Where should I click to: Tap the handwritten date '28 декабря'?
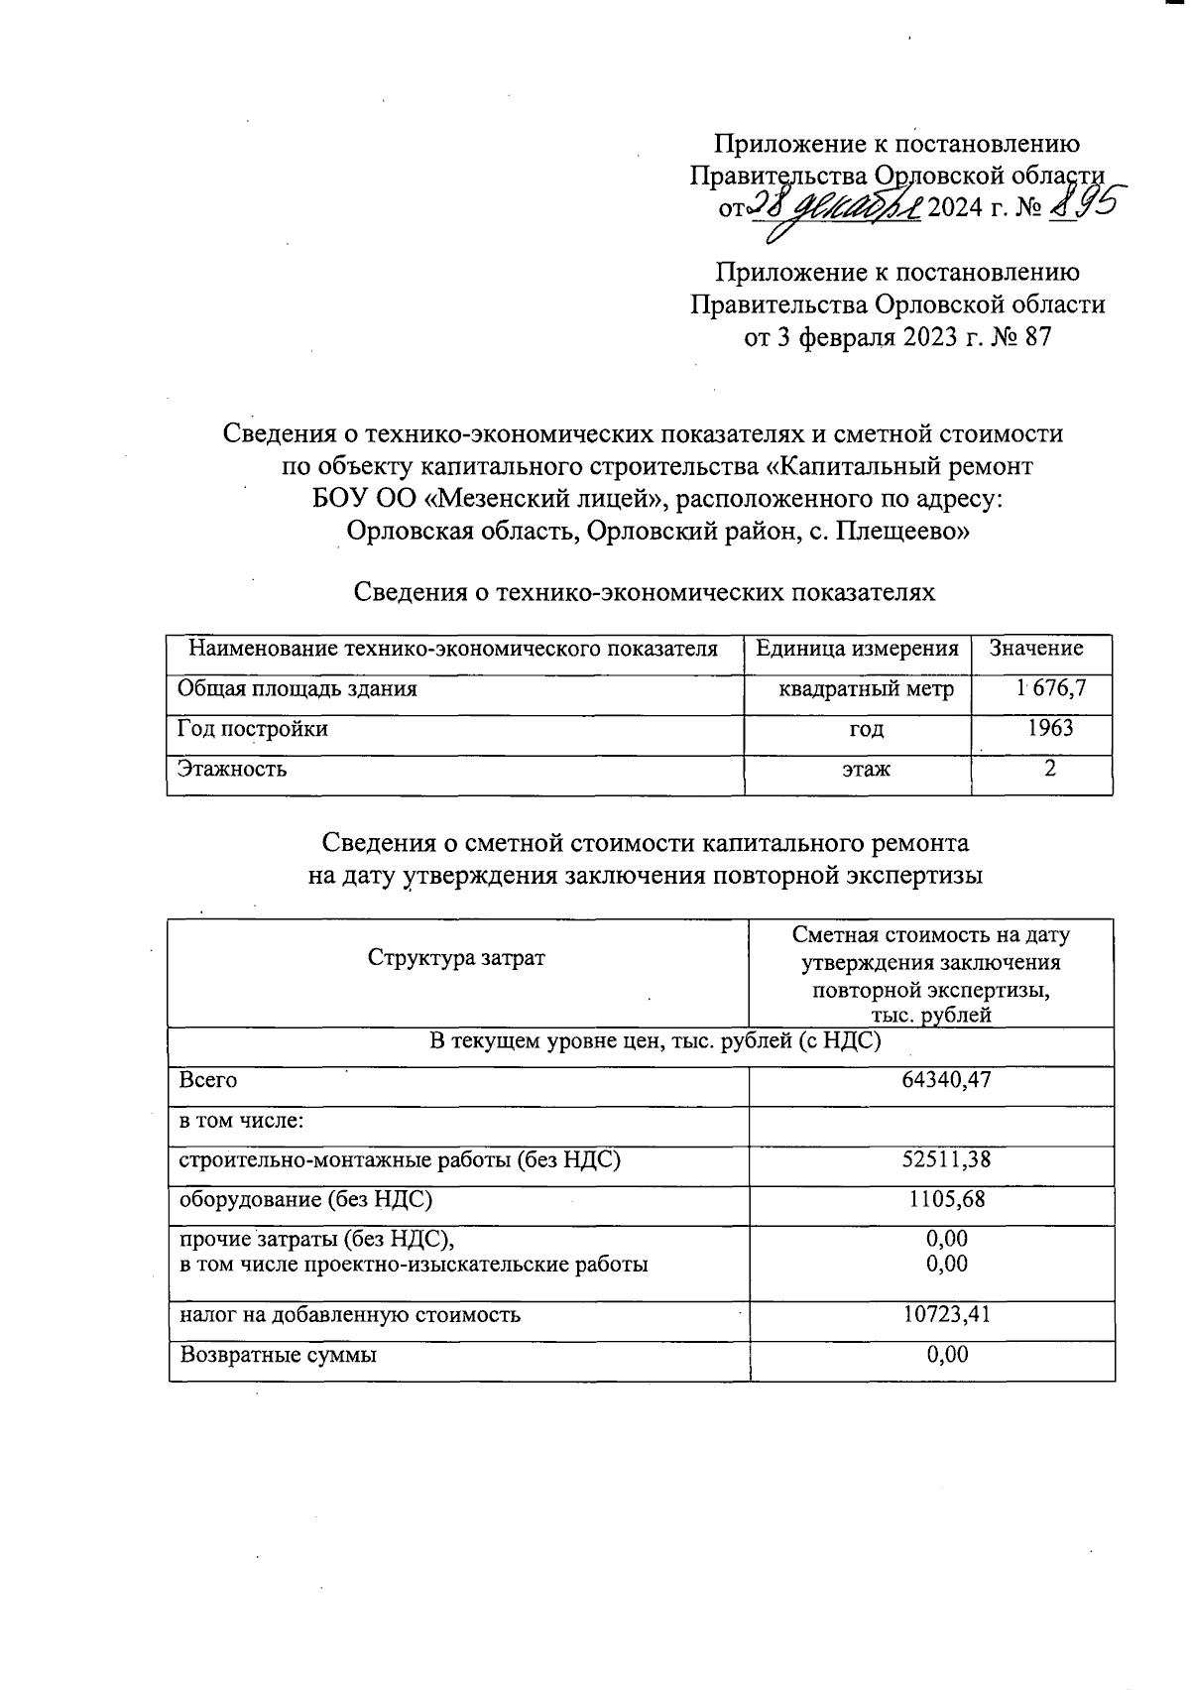pyautogui.click(x=833, y=209)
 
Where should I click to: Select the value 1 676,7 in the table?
pyautogui.click(x=1049, y=687)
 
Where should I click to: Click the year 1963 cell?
pyautogui.click(x=1049, y=728)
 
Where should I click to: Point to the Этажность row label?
pyautogui.click(x=232, y=768)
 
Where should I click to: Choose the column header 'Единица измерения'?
pyautogui.click(x=857, y=649)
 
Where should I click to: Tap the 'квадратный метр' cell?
pyautogui.click(x=866, y=688)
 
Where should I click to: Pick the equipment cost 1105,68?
pyautogui.click(x=946, y=1199)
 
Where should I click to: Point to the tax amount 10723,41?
pyautogui.click(x=946, y=1315)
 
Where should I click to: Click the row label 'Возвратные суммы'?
pyautogui.click(x=277, y=1355)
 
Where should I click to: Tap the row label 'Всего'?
pyautogui.click(x=207, y=1080)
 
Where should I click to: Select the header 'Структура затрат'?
pyautogui.click(x=456, y=959)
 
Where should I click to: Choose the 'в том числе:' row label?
pyautogui.click(x=240, y=1121)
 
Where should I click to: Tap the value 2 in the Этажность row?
pyautogui.click(x=1049, y=768)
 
